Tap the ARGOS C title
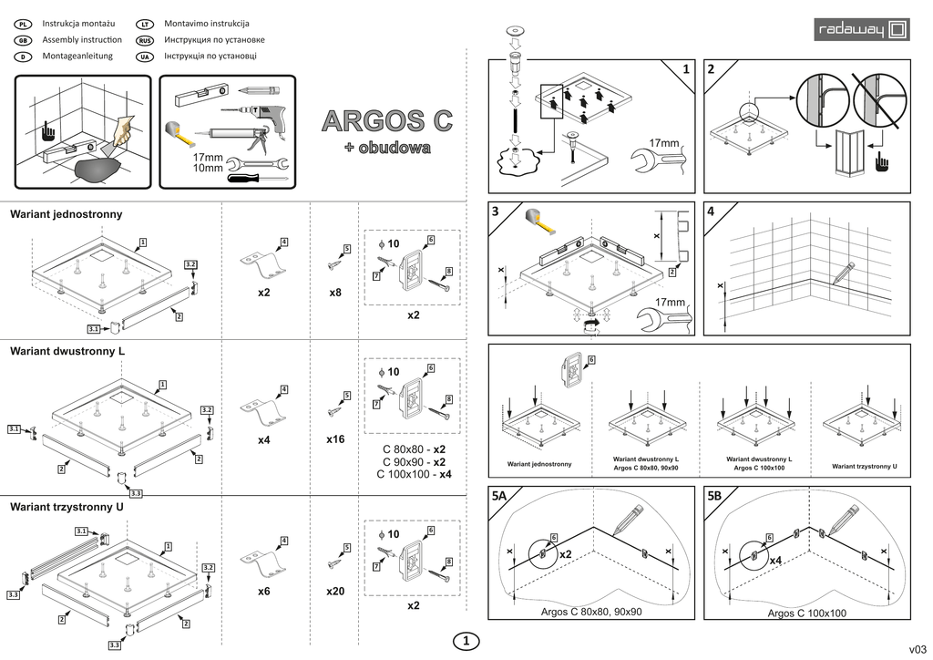(x=387, y=121)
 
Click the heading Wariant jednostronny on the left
(x=66, y=214)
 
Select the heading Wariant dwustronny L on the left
(x=67, y=351)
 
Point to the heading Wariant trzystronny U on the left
(x=67, y=506)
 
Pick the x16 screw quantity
(x=335, y=439)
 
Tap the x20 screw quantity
(x=335, y=592)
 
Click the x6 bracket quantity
(x=264, y=592)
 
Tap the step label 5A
(x=500, y=498)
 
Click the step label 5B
(x=714, y=498)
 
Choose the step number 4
(x=711, y=211)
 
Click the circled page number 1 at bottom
(x=466, y=642)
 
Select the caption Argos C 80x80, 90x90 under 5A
(x=591, y=611)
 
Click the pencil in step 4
(x=844, y=271)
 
